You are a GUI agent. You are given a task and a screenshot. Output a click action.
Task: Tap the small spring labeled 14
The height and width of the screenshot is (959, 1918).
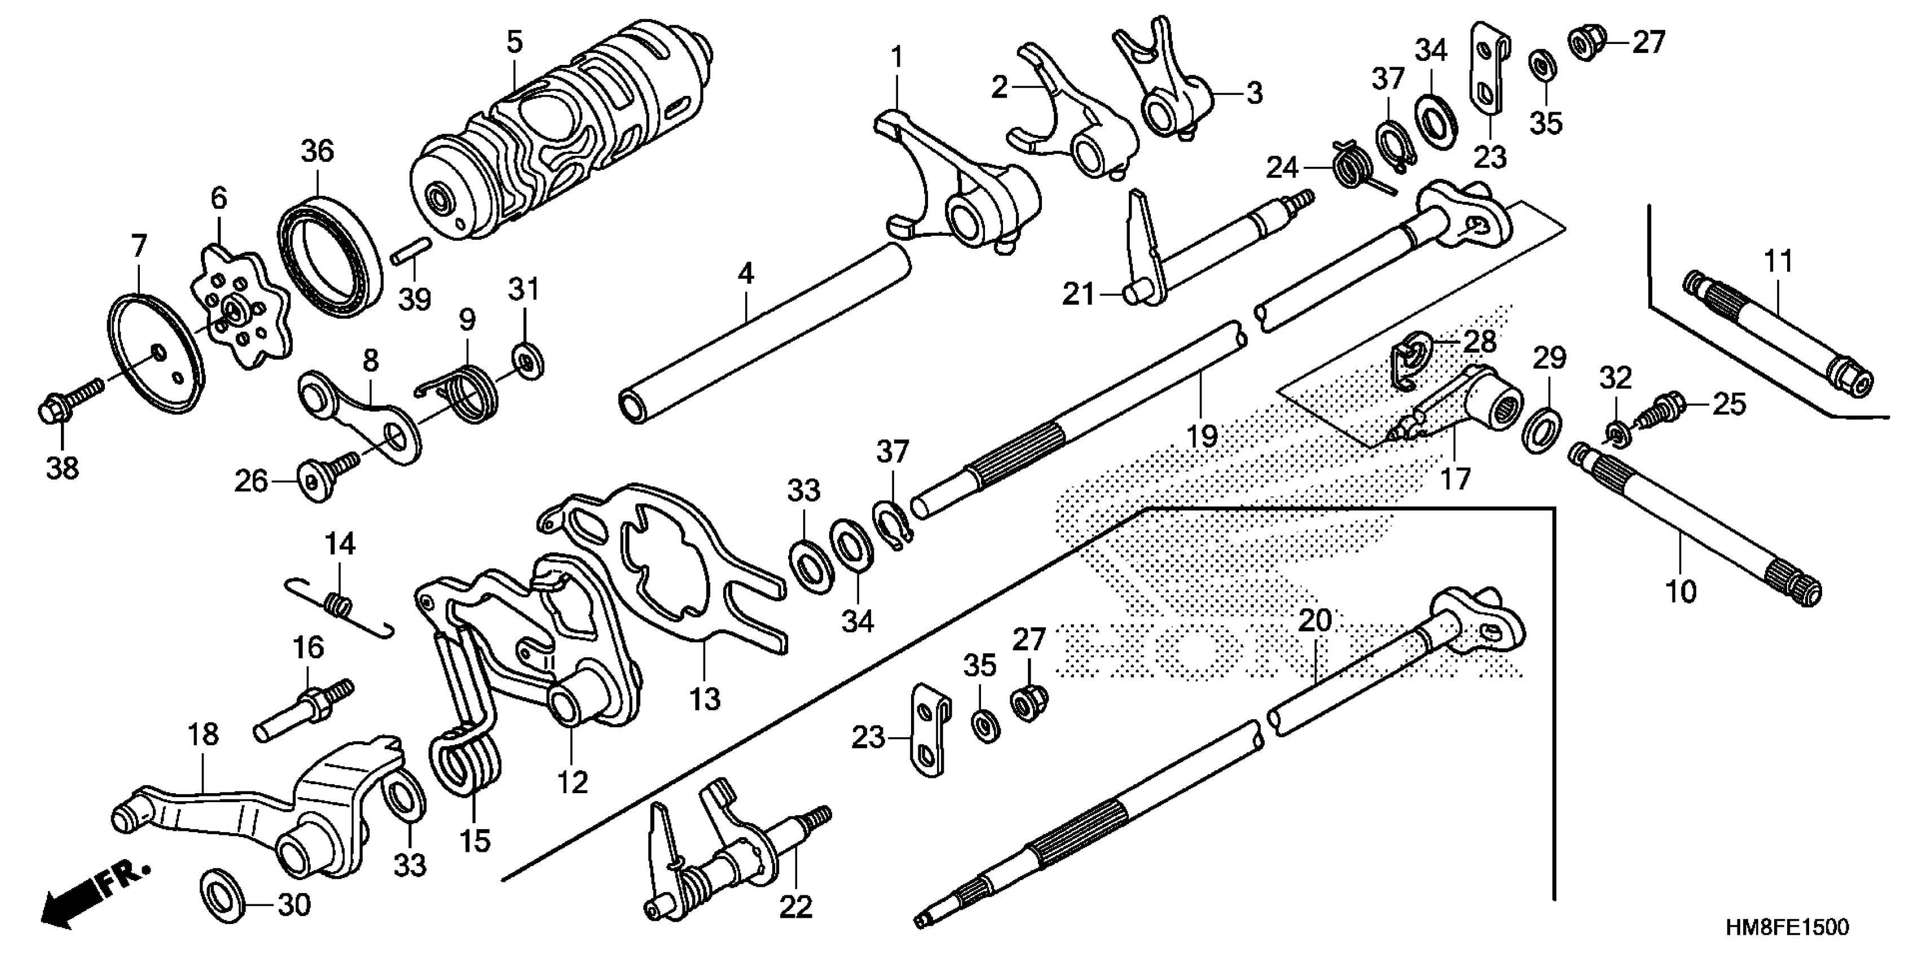(339, 603)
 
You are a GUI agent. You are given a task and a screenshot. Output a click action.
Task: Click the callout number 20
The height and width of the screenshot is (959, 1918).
(1314, 620)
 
